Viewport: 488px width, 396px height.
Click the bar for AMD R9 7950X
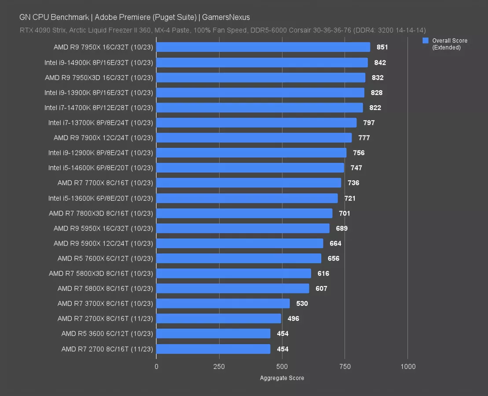click(x=263, y=47)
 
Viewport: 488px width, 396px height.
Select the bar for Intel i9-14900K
click(x=262, y=62)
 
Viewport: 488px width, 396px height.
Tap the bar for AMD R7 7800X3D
click(x=244, y=213)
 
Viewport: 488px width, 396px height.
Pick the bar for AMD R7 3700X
click(x=223, y=303)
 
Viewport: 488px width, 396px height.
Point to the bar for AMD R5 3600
click(x=213, y=334)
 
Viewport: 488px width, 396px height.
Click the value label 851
click(x=382, y=48)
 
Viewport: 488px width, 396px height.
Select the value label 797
click(x=369, y=123)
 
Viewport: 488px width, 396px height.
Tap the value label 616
click(x=323, y=273)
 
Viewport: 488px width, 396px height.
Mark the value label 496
click(x=293, y=319)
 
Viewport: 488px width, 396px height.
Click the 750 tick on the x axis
click(x=345, y=367)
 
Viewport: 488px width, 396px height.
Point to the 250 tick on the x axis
click(x=219, y=367)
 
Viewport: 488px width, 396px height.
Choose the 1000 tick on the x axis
click(x=408, y=367)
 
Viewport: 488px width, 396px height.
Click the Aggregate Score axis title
click(x=282, y=378)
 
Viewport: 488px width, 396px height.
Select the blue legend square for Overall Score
click(x=426, y=40)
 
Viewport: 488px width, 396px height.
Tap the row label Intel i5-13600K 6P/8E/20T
click(x=100, y=198)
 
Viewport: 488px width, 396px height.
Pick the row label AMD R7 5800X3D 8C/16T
click(x=101, y=273)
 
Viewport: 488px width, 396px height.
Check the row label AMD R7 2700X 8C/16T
click(x=105, y=319)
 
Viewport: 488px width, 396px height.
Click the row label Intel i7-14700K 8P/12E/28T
click(x=99, y=108)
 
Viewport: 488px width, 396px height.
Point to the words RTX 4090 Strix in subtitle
click(x=40, y=30)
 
